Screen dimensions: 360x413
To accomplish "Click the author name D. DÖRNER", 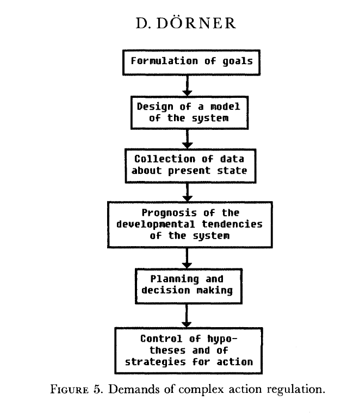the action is [x=186, y=23].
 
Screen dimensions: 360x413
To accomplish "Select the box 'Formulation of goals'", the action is [x=191, y=62].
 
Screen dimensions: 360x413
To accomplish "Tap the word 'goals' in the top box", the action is [x=238, y=61].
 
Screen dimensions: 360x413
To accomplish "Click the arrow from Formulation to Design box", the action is [x=187, y=86].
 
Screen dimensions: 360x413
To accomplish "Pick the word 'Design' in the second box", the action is [x=155, y=107].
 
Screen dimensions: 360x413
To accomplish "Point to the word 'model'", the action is [x=225, y=107].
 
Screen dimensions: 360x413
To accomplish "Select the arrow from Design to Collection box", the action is [x=187, y=139].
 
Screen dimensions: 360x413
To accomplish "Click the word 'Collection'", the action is [x=165, y=159].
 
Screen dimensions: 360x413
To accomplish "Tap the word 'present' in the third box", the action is [x=189, y=171].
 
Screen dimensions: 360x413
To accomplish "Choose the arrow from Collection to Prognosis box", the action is [x=187, y=192].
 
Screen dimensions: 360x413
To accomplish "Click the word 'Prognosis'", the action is [x=169, y=213].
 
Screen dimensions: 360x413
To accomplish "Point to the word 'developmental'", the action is [x=156, y=224].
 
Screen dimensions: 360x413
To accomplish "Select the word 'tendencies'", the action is [x=232, y=224].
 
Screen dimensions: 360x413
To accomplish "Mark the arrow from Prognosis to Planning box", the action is [x=187, y=258].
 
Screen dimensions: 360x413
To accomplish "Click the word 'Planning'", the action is [x=175, y=279].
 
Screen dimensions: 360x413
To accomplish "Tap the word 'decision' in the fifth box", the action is [x=165, y=290].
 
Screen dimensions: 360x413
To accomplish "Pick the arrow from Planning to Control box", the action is [x=187, y=316].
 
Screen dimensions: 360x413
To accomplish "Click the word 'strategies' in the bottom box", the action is [x=155, y=362].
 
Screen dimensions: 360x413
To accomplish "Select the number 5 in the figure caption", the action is [x=97, y=389].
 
